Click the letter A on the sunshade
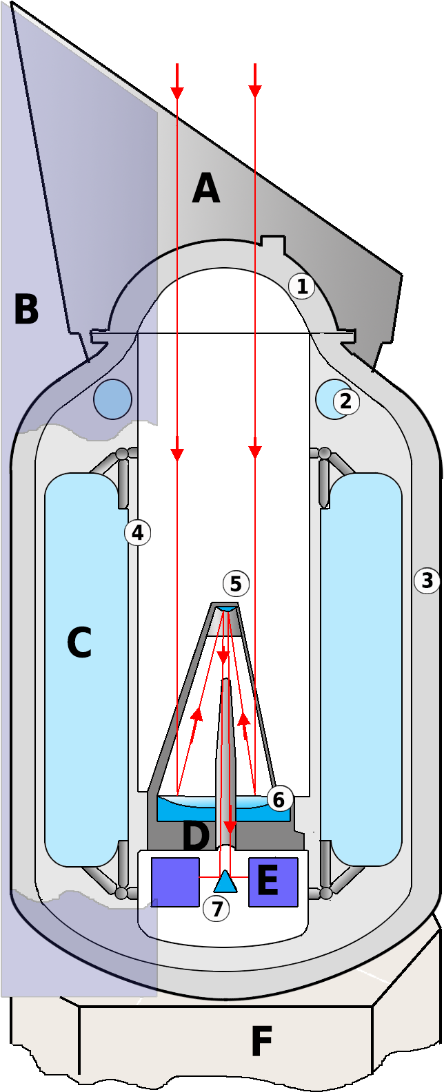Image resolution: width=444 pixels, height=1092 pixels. point(206,189)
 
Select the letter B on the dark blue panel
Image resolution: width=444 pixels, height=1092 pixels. point(26,310)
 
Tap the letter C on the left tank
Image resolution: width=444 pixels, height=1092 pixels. point(79,643)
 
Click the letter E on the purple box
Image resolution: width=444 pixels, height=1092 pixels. point(268,881)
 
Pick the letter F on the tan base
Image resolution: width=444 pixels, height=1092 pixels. point(261,1041)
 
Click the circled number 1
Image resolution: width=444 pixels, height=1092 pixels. point(301,286)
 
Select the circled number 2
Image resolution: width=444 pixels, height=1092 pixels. point(346,401)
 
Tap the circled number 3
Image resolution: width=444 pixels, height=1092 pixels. point(427,581)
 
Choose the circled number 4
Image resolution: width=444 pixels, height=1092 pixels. point(137,532)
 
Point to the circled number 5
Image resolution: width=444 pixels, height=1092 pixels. point(236,585)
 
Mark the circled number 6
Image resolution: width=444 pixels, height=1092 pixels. point(279,799)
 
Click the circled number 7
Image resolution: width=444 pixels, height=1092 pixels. point(216,910)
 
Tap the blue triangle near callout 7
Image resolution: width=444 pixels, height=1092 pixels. point(225,883)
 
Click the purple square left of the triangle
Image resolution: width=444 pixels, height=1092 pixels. point(175,881)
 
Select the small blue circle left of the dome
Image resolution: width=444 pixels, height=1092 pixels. point(112,399)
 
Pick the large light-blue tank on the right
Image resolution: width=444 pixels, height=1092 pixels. point(361,668)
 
